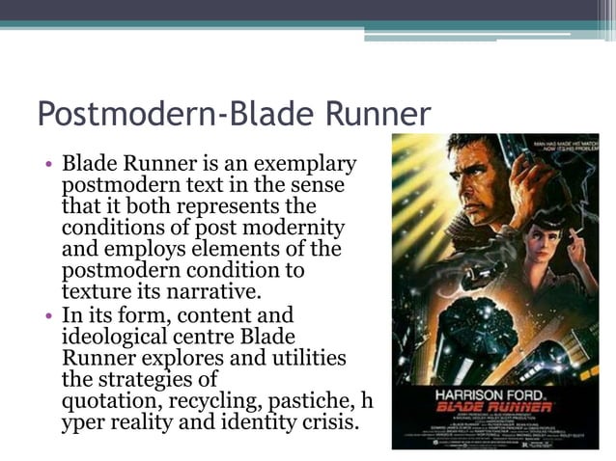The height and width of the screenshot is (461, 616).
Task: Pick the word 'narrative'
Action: pos(221,291)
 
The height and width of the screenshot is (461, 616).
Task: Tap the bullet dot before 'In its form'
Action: pos(47,315)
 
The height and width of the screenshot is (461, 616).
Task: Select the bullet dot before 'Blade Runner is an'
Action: pos(47,164)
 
